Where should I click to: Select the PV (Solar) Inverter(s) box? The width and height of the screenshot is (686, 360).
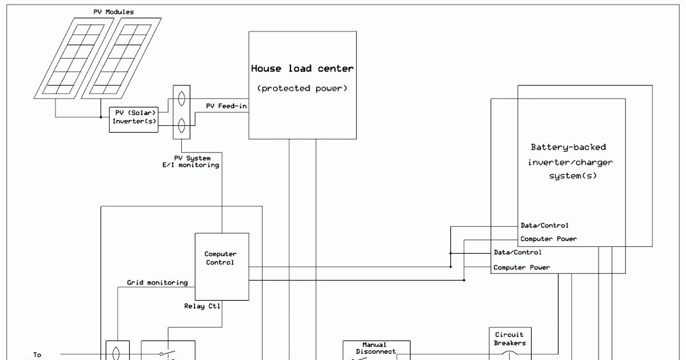point(134,117)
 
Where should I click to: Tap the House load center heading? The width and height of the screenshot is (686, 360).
point(302,69)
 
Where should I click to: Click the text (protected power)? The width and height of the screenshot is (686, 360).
point(302,88)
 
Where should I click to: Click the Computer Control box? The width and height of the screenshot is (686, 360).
point(222,266)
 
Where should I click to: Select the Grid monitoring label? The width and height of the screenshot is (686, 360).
point(157,282)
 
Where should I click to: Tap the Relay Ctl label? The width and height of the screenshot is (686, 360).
point(202,306)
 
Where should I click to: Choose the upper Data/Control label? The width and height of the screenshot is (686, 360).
point(544,226)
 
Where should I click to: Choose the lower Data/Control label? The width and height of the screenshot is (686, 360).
point(517,252)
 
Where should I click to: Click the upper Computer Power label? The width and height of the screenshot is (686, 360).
point(548,239)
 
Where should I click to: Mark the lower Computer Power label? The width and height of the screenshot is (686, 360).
point(521,267)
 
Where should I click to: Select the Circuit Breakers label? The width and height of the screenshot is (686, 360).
point(509,338)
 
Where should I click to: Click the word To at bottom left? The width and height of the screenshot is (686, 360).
point(37,355)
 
